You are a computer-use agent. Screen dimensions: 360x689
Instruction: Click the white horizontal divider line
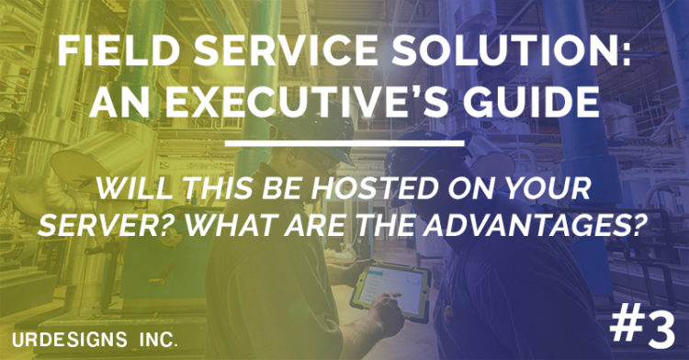point(344,143)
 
